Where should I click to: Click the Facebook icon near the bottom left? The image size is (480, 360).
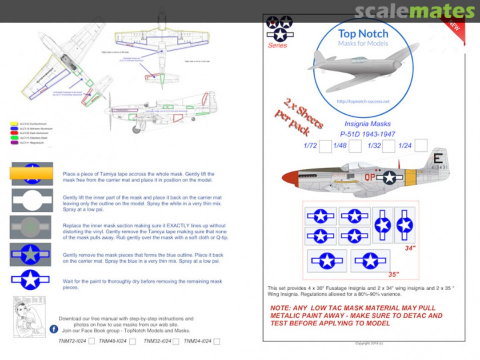pos(54,329)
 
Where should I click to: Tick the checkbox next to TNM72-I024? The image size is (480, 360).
pos(92,341)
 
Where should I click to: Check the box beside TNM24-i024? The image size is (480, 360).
pos(216,341)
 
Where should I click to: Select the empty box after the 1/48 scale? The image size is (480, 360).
pos(355,146)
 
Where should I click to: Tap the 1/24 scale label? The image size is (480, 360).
pos(405,146)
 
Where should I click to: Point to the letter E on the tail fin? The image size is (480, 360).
pos(437,159)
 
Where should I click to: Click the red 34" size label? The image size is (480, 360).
pos(410,248)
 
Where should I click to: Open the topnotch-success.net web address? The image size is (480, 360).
pos(363,101)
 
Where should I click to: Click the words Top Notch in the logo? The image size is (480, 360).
pos(363,34)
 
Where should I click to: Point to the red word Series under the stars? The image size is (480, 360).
pos(277,45)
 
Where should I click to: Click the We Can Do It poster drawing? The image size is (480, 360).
pos(29,317)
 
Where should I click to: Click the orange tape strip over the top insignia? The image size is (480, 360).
pos(31,173)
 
